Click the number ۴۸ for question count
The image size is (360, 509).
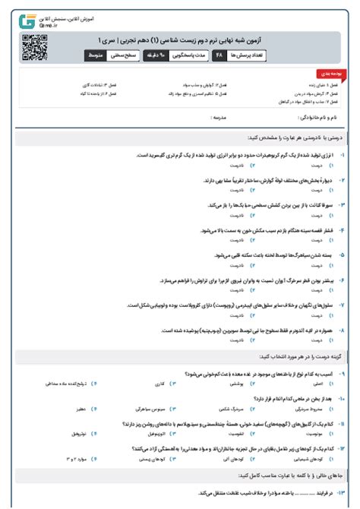(219, 56)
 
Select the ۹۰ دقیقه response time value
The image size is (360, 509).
(163, 56)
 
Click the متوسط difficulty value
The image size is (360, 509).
(96, 56)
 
